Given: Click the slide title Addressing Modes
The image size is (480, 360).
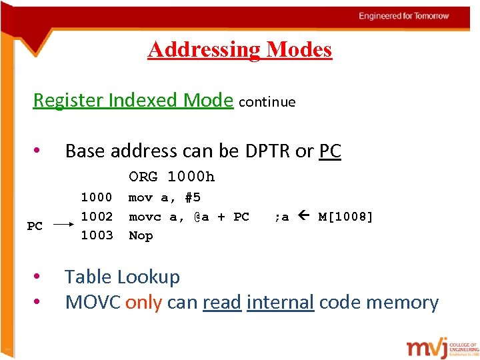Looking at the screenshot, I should [239, 49].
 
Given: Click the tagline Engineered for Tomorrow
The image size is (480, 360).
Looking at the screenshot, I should [404, 16].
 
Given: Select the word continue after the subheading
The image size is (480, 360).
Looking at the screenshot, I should [267, 102].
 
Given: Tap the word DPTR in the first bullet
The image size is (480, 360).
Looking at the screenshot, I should [268, 151].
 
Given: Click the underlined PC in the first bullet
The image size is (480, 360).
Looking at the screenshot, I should [330, 151].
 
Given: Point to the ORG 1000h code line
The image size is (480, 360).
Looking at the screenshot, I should [172, 177].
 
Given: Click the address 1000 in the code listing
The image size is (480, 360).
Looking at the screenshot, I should [97, 197].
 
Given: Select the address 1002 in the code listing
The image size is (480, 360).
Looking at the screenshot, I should [97, 217].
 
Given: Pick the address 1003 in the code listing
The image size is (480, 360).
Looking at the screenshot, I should [97, 235].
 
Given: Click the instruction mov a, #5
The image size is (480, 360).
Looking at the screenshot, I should [165, 197].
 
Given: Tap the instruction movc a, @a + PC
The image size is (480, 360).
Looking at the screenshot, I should [189, 217].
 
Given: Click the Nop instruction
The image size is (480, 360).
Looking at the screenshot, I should [141, 235].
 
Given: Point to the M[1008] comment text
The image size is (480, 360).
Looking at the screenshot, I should [346, 217].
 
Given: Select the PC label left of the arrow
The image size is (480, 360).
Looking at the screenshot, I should [35, 226].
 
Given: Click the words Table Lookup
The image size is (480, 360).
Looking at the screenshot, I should [122, 277].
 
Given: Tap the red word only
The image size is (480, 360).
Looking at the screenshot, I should [143, 303].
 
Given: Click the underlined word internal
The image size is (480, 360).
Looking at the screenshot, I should [280, 303].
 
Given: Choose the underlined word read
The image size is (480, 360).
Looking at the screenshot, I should [222, 303].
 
